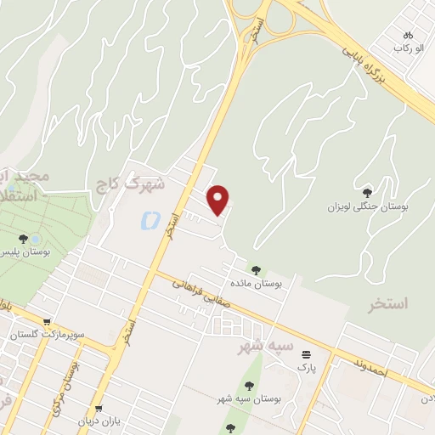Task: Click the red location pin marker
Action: [x=219, y=200]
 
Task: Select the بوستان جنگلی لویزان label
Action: [x=369, y=207]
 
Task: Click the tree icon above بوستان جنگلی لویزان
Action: [x=367, y=194]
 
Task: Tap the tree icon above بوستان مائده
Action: [x=256, y=270]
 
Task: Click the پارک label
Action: [x=306, y=368]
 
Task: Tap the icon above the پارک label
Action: [x=306, y=354]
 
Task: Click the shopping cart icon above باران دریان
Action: [x=99, y=409]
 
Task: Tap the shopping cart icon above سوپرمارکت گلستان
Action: [x=46, y=323]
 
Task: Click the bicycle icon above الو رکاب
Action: [x=408, y=35]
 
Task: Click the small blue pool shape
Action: [x=147, y=222]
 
